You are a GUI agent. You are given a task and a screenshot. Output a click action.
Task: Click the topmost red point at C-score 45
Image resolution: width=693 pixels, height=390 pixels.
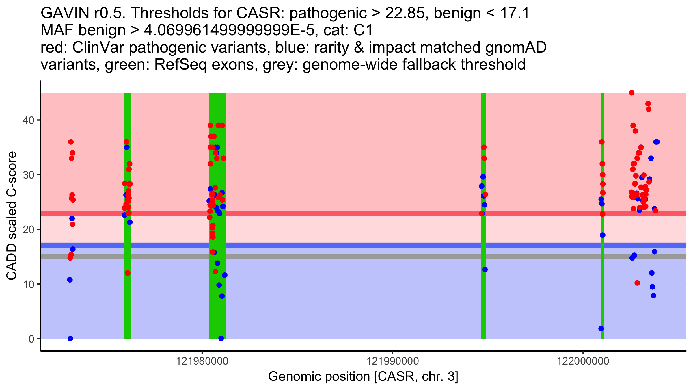click(x=631, y=93)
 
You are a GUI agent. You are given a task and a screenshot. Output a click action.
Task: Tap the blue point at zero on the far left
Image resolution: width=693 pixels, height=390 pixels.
click(x=70, y=339)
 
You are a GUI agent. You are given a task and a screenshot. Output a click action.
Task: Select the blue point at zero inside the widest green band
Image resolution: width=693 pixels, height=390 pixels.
click(x=221, y=339)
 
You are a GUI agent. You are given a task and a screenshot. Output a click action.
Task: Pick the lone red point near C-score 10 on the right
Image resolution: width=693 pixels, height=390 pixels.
click(x=637, y=283)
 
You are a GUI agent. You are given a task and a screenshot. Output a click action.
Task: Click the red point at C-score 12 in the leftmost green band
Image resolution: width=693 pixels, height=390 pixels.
click(x=128, y=273)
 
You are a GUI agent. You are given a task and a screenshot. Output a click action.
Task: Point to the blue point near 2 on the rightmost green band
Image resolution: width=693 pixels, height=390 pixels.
click(x=601, y=328)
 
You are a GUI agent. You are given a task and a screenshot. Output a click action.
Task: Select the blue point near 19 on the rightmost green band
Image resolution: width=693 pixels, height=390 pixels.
click(x=603, y=235)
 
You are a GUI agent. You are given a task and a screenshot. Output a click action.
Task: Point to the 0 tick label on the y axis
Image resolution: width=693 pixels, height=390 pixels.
click(x=31, y=339)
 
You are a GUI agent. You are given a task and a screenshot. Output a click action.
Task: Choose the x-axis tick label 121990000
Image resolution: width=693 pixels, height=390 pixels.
click(x=392, y=361)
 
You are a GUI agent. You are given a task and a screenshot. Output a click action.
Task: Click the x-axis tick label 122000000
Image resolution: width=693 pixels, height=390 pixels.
click(x=583, y=361)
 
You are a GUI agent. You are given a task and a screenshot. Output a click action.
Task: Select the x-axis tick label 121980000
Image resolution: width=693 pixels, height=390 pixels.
click(x=202, y=361)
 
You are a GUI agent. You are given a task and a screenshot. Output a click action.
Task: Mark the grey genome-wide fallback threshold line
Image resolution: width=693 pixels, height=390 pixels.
click(x=346, y=257)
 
